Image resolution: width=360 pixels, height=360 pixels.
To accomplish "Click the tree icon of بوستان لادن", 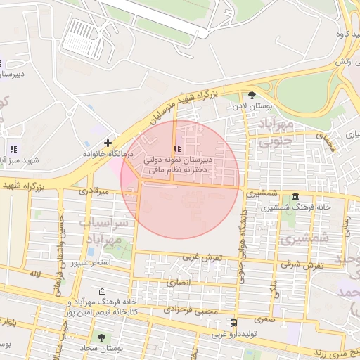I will (252, 95).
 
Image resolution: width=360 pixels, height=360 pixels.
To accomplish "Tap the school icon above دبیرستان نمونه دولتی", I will (176, 149).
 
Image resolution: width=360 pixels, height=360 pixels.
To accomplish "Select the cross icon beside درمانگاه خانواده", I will (107, 143).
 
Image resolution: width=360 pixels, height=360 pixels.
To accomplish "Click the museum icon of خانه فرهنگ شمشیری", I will (294, 195).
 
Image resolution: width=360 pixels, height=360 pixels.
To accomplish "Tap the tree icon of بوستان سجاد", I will (101, 337).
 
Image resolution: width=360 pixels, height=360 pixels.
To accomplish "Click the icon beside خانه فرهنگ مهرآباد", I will (103, 292).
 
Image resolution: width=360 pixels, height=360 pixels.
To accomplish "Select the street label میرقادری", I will (94, 191).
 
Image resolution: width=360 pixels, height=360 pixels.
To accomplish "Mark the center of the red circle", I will (180, 180).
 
